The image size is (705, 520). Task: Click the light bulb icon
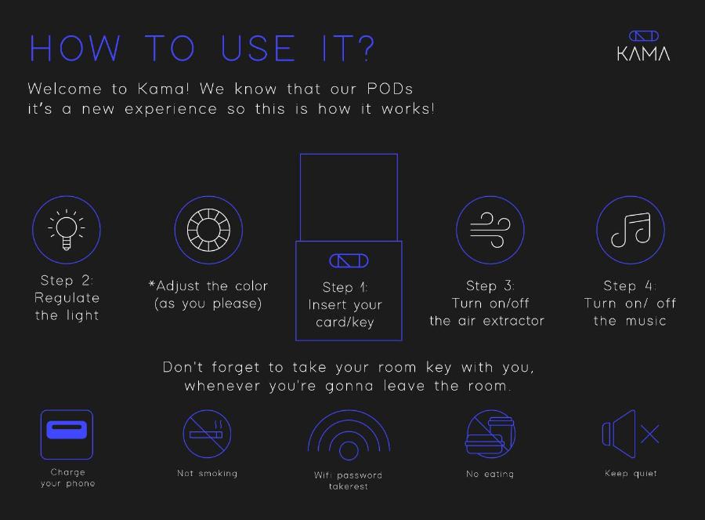[67, 230]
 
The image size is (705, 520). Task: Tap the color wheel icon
[208, 230]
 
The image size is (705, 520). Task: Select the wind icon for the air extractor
[490, 230]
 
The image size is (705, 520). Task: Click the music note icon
[631, 230]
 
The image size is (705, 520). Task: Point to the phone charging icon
[67, 435]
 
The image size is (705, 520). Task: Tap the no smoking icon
[208, 434]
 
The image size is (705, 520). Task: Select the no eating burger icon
[490, 434]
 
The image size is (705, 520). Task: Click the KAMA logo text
[643, 53]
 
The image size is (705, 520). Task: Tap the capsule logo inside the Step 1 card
[349, 260]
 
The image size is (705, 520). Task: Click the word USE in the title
[258, 48]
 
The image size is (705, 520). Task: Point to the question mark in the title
[366, 48]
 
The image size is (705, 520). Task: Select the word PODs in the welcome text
[390, 89]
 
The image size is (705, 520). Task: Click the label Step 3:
[490, 286]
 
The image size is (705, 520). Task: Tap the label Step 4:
[630, 286]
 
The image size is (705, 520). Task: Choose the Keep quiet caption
[631, 473]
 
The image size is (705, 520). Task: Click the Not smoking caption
[208, 473]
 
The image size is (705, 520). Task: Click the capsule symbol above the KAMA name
[644, 36]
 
